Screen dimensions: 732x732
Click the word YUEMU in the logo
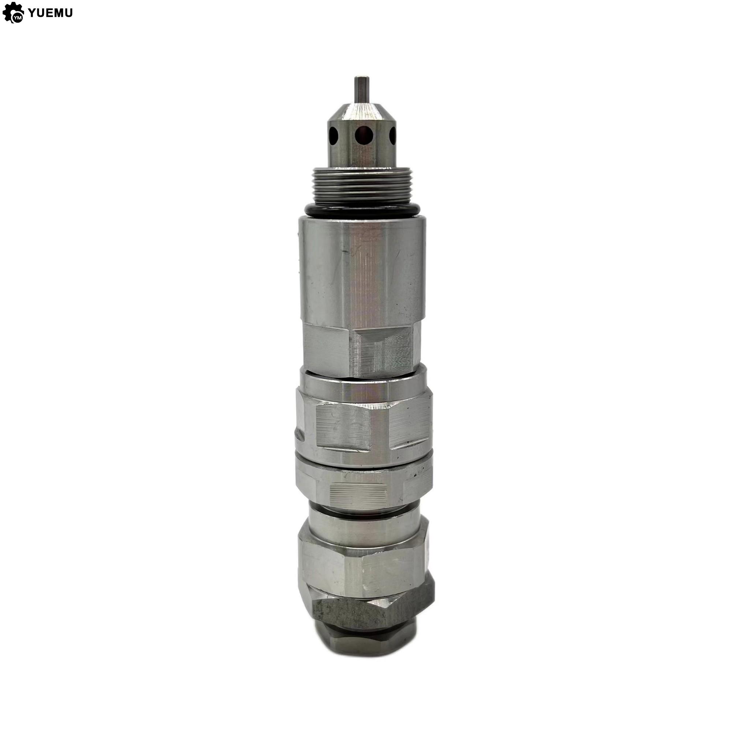[50, 13]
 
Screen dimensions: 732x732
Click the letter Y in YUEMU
[33, 13]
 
